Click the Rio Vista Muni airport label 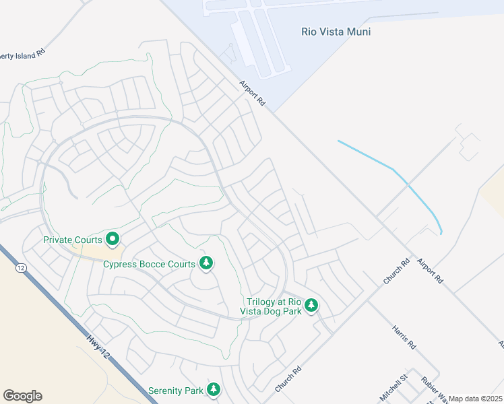335,31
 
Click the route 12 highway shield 22,267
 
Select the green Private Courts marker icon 113,239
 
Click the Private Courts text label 73,240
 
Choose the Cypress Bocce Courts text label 149,264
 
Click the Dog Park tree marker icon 311,306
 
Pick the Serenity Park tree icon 214,389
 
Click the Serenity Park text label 177,390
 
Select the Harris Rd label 404,335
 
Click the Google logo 22,396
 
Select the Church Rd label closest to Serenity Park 286,380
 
